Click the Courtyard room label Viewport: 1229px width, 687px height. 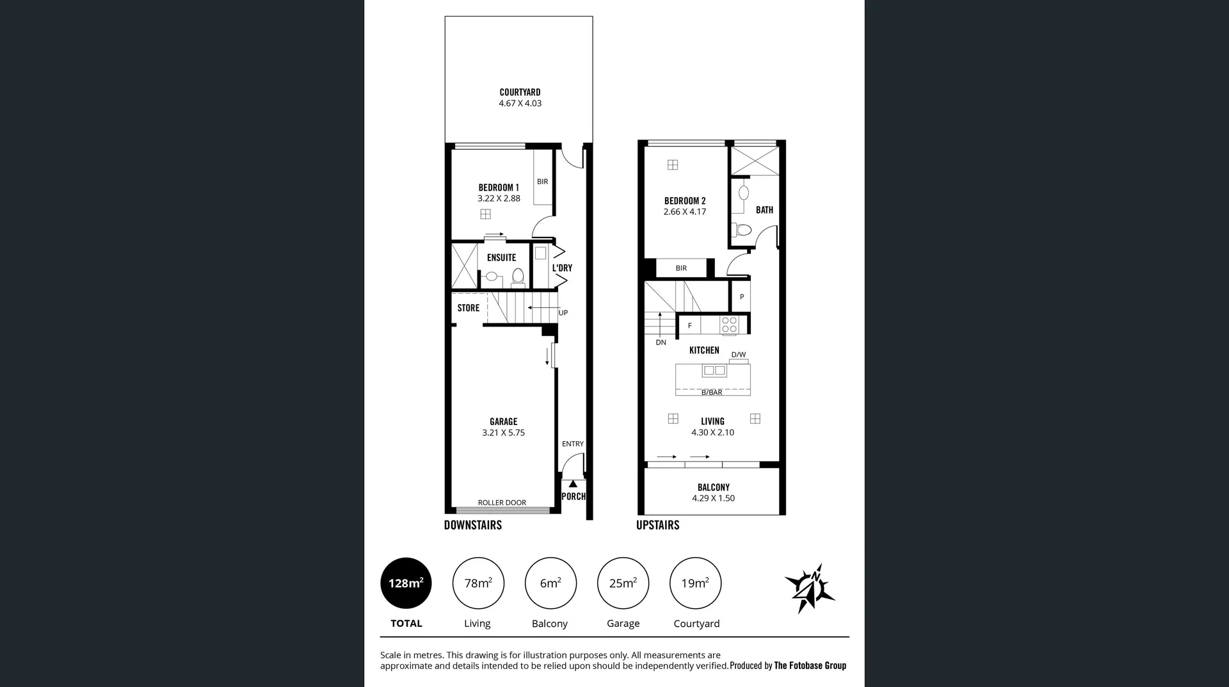(x=520, y=92)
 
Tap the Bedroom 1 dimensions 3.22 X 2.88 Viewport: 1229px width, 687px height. (x=499, y=198)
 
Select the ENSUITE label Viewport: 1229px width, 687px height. (x=501, y=257)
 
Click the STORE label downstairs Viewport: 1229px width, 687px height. (x=468, y=308)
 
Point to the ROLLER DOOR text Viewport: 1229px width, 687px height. (x=502, y=503)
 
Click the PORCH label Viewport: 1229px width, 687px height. (x=573, y=496)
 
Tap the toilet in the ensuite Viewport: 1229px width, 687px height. (x=518, y=277)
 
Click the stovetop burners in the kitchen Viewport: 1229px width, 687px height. (x=729, y=325)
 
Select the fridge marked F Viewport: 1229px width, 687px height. (x=689, y=325)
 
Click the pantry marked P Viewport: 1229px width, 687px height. (x=741, y=297)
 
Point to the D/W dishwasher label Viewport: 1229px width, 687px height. (x=738, y=355)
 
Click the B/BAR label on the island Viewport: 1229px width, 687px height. (x=712, y=392)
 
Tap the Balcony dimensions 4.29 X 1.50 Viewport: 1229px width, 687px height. (x=713, y=498)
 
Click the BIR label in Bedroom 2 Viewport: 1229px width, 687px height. (x=681, y=268)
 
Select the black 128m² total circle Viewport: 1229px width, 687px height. (x=406, y=583)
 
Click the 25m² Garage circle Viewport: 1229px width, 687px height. (x=623, y=583)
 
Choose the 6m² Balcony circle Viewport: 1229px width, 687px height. (x=550, y=583)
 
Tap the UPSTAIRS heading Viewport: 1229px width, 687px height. (x=657, y=525)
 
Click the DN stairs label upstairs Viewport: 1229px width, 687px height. (x=661, y=343)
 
